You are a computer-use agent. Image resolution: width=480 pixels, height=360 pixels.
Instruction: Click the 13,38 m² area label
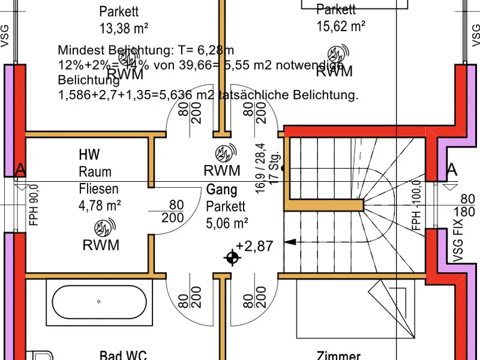124,28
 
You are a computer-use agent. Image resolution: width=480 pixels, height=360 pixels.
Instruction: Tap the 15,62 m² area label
341,26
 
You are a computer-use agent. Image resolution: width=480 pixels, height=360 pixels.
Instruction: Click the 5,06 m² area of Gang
227,224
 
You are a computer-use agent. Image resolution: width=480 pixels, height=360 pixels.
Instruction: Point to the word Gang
222,190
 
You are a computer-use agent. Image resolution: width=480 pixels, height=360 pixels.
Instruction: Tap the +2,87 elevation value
254,246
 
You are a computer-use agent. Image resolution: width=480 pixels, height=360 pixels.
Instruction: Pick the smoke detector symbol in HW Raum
101,228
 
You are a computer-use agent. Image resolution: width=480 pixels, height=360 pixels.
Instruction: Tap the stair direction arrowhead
290,242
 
